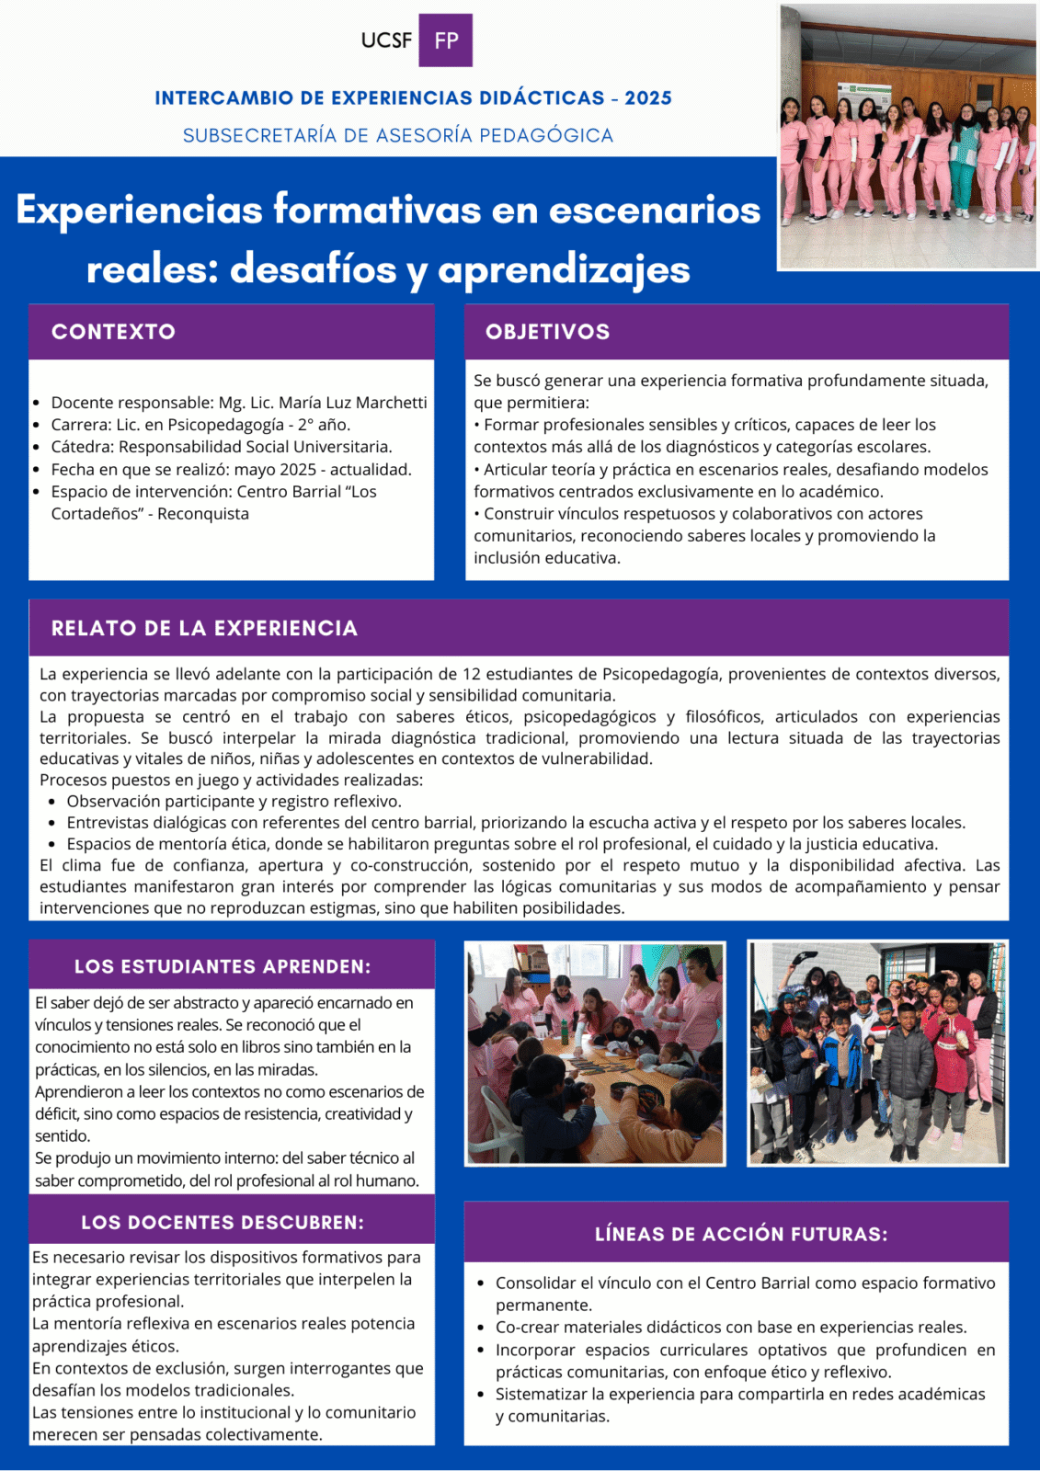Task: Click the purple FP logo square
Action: click(x=445, y=40)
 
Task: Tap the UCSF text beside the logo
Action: click(x=386, y=40)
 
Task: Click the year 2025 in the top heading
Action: click(x=648, y=98)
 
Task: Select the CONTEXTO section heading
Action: click(x=113, y=332)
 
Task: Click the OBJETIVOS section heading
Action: click(x=547, y=332)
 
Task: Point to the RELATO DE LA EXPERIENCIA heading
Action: click(x=204, y=629)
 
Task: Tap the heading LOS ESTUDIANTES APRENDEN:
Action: click(x=223, y=966)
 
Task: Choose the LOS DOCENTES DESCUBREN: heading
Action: click(x=223, y=1223)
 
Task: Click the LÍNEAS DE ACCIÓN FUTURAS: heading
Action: click(x=741, y=1234)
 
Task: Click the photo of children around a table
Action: click(x=595, y=1054)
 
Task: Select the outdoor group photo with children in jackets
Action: click(x=877, y=1054)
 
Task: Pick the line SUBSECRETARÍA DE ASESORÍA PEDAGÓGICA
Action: click(x=397, y=136)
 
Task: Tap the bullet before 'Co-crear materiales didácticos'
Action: click(x=481, y=1328)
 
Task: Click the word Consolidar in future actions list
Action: click(x=535, y=1283)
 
